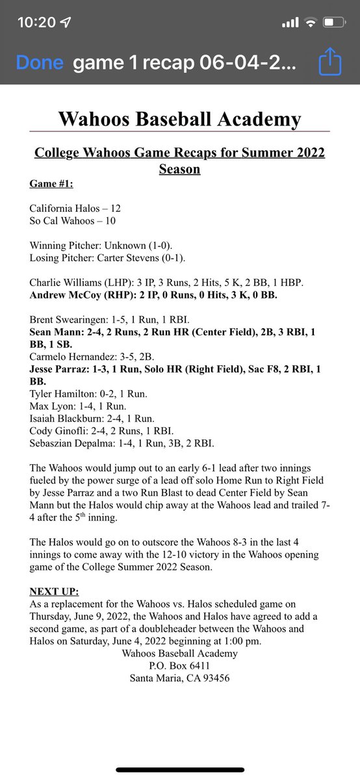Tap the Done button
(40, 62)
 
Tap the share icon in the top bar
(330, 63)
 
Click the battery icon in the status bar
(333, 23)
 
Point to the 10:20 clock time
(36, 23)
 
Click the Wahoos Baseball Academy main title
(179, 119)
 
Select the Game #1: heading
(51, 184)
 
